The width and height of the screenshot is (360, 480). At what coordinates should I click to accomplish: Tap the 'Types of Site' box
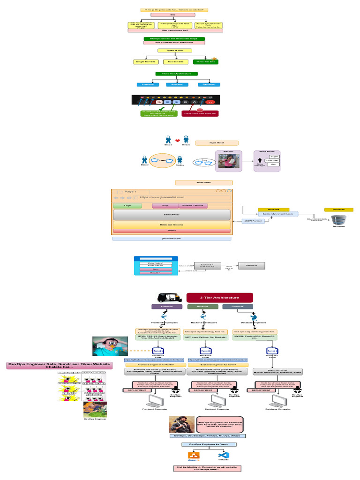pyautogui.click(x=175, y=50)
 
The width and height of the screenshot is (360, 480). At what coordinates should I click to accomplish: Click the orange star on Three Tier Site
pyautogui.click(x=215, y=58)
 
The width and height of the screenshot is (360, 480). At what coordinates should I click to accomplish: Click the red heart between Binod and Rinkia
pyautogui.click(x=177, y=140)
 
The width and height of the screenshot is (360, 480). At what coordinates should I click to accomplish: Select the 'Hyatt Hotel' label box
pyautogui.click(x=217, y=143)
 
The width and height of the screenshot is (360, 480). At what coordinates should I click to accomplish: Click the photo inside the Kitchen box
pyautogui.click(x=229, y=165)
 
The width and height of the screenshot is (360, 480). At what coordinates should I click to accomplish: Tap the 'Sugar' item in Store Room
pyautogui.click(x=273, y=156)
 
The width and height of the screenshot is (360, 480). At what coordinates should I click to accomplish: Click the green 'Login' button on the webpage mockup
pyautogui.click(x=127, y=205)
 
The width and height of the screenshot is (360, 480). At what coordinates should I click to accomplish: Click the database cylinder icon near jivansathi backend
pyautogui.click(x=338, y=219)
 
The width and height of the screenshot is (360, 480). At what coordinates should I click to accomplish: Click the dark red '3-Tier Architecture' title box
pyautogui.click(x=219, y=297)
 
